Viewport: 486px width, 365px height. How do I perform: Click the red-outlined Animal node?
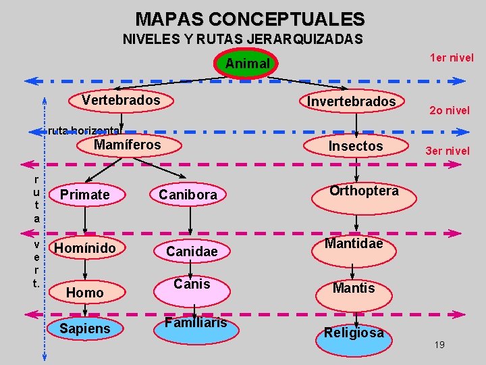click(x=247, y=64)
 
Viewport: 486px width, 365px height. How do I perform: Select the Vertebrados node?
click(x=122, y=101)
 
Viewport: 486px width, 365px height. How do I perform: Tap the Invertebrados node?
click(x=352, y=101)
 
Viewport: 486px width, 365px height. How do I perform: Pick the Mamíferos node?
click(x=128, y=145)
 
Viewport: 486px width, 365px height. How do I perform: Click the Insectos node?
click(x=356, y=146)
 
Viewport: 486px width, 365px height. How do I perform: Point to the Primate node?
click(x=84, y=195)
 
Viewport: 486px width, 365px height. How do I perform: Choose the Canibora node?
click(x=188, y=195)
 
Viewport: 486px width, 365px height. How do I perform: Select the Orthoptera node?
click(x=364, y=191)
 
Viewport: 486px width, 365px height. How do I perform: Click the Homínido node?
click(x=85, y=249)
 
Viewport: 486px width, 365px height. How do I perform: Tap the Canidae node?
click(x=192, y=251)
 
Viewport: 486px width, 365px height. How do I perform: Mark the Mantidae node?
click(x=354, y=243)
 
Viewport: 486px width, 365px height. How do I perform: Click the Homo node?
click(x=85, y=292)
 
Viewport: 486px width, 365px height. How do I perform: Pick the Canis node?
click(x=192, y=284)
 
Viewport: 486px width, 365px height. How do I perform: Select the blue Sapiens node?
click(x=85, y=328)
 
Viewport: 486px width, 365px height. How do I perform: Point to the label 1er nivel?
click(x=452, y=57)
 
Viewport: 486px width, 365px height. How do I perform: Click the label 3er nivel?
click(x=447, y=151)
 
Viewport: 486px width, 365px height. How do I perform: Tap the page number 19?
click(x=439, y=345)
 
